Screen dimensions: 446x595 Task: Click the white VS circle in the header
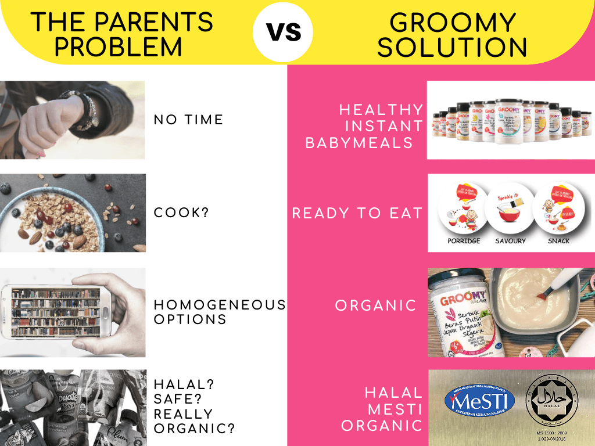[283, 32]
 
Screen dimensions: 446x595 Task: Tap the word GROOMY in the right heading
[453, 22]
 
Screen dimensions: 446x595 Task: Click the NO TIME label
[188, 120]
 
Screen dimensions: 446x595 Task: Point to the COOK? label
[181, 213]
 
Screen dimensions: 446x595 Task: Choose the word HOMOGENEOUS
[220, 304]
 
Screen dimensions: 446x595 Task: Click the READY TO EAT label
[357, 213]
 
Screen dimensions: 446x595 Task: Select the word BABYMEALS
[359, 143]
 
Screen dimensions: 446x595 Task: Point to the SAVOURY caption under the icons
[510, 240]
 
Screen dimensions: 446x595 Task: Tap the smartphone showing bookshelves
[57, 311]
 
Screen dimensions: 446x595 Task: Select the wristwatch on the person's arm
[87, 110]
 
